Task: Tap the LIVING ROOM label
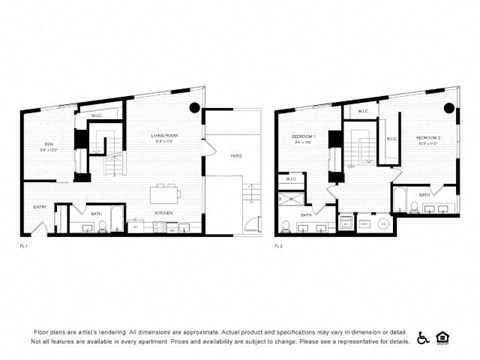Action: (x=163, y=136)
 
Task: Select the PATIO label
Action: (x=236, y=156)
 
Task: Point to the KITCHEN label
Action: (x=163, y=213)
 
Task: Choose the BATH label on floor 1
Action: (x=97, y=213)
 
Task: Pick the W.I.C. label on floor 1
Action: (x=96, y=116)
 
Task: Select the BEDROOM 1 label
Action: (x=304, y=136)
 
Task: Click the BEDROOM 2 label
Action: (x=428, y=136)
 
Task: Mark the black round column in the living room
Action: (x=195, y=108)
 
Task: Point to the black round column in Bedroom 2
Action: (x=447, y=108)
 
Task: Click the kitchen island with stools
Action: (x=164, y=191)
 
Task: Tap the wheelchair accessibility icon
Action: (x=423, y=338)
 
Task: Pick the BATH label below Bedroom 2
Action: (x=424, y=194)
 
